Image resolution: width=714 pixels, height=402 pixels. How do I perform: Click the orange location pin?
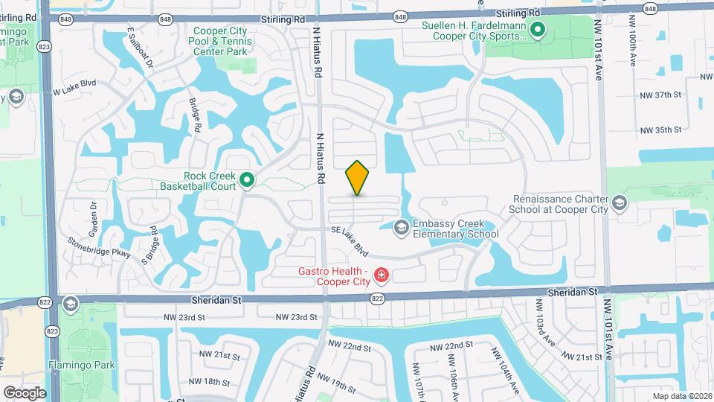[x=357, y=178]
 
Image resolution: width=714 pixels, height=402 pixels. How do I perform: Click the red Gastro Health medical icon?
[x=382, y=276]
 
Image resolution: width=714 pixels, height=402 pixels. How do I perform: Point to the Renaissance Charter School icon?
[x=619, y=203]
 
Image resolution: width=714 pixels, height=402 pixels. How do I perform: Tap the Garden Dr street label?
[x=93, y=220]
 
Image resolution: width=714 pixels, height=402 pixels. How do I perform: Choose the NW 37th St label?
[x=660, y=95]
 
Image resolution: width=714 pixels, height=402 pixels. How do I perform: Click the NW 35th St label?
[x=660, y=130]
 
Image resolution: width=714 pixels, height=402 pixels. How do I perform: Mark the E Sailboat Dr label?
[x=140, y=50]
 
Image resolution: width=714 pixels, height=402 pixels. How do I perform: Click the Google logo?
[x=24, y=392]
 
